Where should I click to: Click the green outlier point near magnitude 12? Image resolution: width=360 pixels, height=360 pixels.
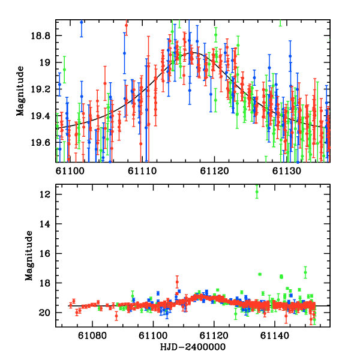[257, 191]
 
